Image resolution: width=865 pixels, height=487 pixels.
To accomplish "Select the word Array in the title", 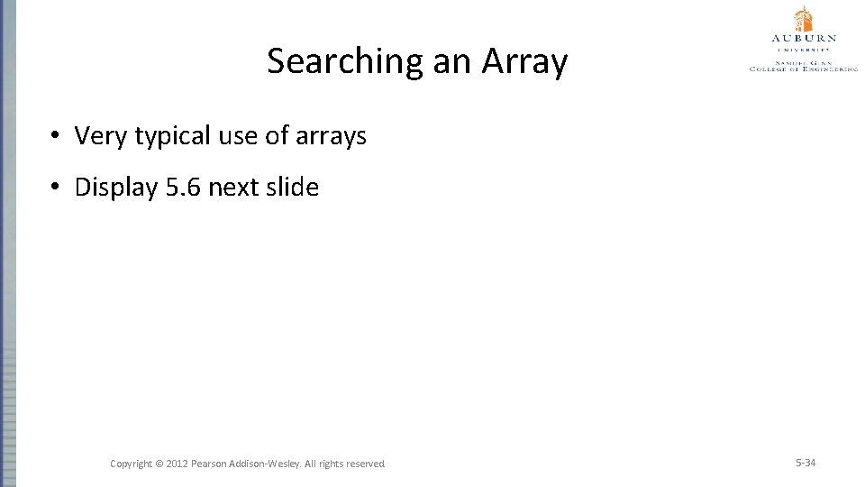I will (524, 61).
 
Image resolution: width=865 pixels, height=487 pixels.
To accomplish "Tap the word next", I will (236, 188).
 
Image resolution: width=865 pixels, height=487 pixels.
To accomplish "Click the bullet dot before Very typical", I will (56, 136).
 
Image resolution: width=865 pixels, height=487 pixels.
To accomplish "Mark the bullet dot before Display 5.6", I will (56, 188).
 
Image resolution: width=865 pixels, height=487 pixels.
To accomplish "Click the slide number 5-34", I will (806, 463).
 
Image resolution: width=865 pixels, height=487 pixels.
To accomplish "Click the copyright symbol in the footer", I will (159, 464).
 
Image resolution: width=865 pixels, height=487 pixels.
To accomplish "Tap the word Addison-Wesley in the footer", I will (269, 464).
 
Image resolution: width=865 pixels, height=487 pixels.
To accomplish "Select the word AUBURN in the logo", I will (804, 39).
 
